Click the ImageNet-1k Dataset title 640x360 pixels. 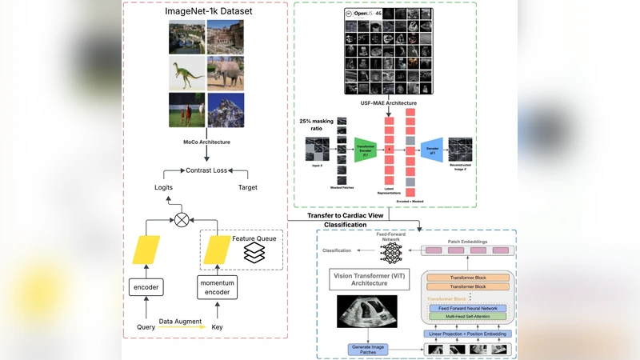pyautogui.click(x=207, y=12)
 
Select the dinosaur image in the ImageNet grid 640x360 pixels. pyautogui.click(x=186, y=73)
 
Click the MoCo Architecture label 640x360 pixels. pyautogui.click(x=207, y=142)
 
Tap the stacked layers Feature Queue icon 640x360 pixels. pyautogui.click(x=254, y=253)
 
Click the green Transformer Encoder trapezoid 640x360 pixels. pyautogui.click(x=365, y=149)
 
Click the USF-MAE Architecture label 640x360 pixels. pyautogui.click(x=390, y=103)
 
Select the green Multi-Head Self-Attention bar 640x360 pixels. pyautogui.click(x=469, y=318)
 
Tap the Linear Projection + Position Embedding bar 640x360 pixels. pyautogui.click(x=468, y=333)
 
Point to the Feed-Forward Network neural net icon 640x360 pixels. pyautogui.click(x=392, y=253)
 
